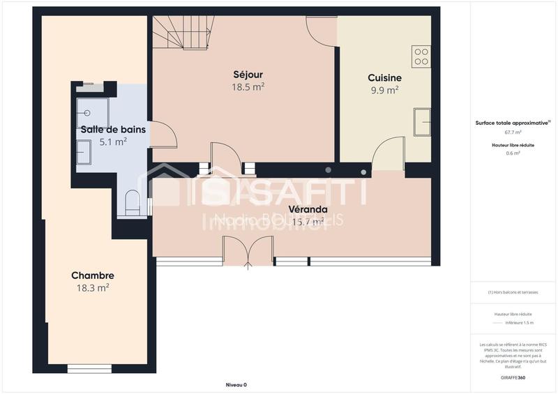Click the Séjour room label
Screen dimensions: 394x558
(248, 75)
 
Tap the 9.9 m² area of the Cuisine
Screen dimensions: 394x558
(383, 89)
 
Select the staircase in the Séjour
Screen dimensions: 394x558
(183, 33)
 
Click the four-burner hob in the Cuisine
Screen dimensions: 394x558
(421, 56)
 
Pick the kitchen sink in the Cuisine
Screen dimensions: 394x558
(421, 122)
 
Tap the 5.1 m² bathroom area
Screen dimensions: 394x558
(113, 142)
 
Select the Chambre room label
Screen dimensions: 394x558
(92, 275)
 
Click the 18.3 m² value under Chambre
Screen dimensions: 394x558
(92, 287)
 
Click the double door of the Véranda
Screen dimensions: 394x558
(248, 251)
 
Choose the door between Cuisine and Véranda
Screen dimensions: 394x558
(388, 154)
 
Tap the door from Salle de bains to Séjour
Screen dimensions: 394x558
(163, 134)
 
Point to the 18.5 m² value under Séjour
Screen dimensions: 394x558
(248, 87)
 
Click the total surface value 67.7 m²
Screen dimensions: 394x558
(513, 132)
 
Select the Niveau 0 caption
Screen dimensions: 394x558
(236, 385)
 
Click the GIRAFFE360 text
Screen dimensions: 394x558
(513, 377)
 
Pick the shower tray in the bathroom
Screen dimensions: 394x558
(92, 112)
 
